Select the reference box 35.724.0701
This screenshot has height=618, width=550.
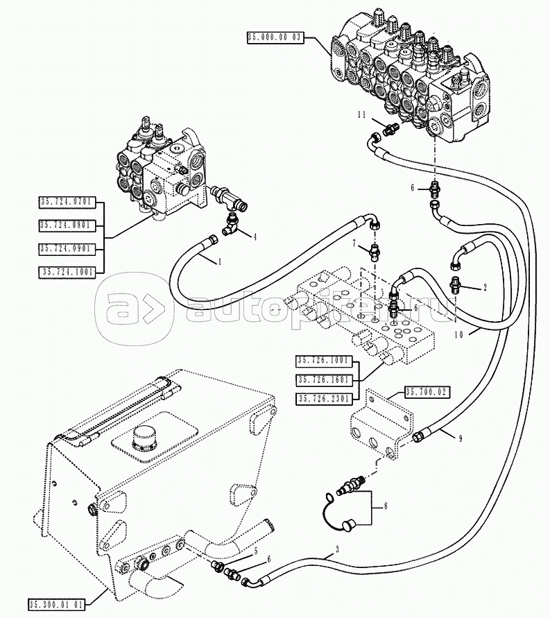click(x=66, y=203)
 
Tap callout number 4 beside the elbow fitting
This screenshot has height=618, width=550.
click(x=255, y=237)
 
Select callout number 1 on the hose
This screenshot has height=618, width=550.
click(x=220, y=261)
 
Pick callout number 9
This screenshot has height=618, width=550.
click(x=459, y=436)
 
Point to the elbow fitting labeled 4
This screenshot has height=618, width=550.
click(x=231, y=225)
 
